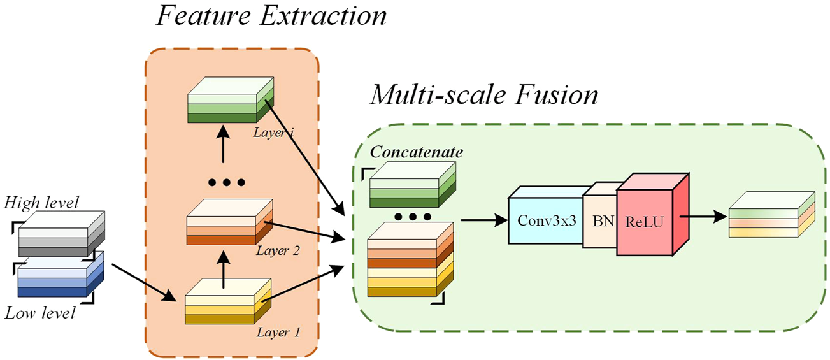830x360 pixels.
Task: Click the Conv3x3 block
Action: click(545, 220)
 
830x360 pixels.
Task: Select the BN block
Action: click(599, 220)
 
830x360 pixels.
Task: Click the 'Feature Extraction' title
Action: click(271, 15)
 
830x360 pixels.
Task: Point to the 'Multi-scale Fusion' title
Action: click(484, 96)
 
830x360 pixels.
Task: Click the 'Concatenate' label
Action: click(417, 152)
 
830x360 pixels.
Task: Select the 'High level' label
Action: click(41, 203)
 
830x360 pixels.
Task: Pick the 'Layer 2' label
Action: click(278, 250)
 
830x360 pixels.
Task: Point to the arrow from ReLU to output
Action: click(704, 216)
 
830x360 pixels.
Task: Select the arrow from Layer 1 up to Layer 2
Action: click(223, 268)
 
